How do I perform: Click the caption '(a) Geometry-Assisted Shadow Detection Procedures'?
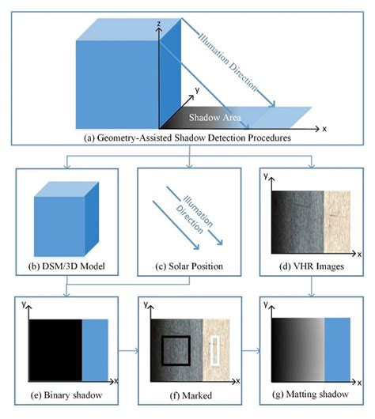click(187, 138)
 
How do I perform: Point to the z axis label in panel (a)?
click(159, 26)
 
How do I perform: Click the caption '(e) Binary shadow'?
click(66, 393)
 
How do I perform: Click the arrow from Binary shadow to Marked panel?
click(128, 348)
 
